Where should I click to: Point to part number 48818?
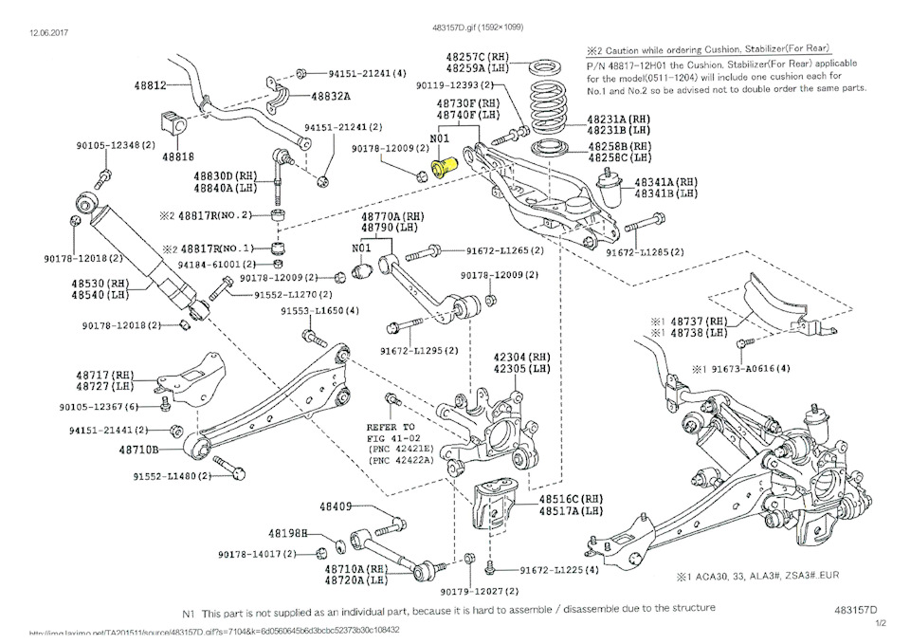click(x=177, y=156)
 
